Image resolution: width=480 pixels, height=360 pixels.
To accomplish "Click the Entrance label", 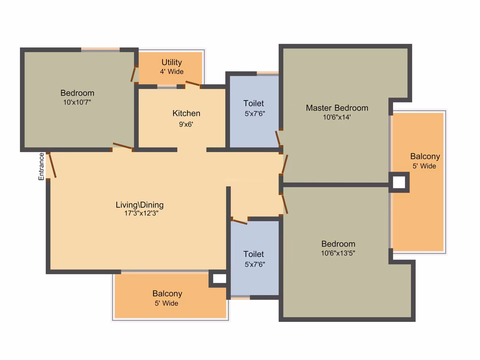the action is (41, 166).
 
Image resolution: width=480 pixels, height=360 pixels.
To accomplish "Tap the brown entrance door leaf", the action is (53, 165).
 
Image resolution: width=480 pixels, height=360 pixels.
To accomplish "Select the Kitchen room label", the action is (186, 113).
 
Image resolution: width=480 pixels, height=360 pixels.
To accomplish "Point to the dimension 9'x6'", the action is (186, 124).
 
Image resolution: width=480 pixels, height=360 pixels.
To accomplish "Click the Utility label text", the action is (172, 62).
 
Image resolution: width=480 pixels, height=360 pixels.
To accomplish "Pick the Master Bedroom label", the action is (337, 108).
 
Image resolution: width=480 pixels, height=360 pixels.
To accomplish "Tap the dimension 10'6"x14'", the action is (337, 117).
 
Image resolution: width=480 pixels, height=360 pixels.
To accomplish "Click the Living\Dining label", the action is (139, 204).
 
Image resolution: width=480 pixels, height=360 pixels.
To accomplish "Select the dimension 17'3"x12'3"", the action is (141, 213).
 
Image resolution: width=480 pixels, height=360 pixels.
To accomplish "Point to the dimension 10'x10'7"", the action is (77, 102).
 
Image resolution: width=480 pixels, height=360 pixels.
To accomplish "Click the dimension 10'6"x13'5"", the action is (338, 253).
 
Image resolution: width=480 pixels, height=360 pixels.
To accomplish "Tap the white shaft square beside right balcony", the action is (399, 182).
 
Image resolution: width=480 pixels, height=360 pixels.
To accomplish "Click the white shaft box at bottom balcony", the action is (219, 278).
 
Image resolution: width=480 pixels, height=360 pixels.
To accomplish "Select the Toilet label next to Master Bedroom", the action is (254, 103).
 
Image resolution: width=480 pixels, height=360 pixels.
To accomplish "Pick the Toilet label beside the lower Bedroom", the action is (254, 254).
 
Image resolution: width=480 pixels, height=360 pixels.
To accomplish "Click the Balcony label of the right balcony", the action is (425, 156).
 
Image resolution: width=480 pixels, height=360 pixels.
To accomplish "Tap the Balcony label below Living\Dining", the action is (167, 293).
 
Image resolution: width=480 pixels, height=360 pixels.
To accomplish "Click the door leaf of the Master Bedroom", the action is (285, 164).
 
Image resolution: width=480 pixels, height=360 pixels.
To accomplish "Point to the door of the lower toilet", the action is (240, 221).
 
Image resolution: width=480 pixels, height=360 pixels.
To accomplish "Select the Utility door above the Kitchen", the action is (193, 83).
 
